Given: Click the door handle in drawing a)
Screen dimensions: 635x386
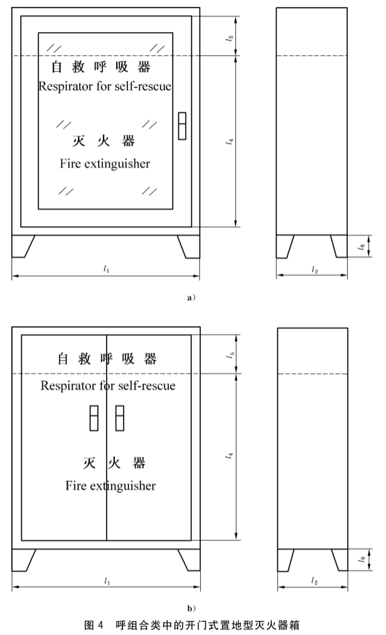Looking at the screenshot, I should pos(182,126).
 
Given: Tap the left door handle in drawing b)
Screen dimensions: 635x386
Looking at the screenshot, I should pos(94,418).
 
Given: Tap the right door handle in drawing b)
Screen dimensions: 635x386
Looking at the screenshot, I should pos(120,418).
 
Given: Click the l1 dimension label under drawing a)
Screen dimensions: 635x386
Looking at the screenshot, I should pos(105,268).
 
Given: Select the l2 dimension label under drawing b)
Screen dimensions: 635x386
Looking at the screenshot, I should pos(314,582).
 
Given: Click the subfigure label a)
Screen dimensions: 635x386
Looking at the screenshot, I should pos(192,298).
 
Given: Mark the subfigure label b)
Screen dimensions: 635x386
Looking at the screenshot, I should pos(192,607).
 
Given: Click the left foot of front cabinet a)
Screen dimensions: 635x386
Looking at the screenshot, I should pos(23,247).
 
